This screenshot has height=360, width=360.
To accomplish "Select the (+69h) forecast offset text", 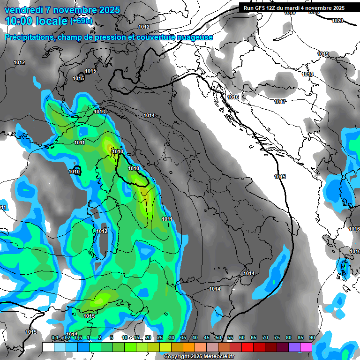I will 81,21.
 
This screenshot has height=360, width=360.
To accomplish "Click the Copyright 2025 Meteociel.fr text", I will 199,357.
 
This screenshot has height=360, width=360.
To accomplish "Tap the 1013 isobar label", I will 99,112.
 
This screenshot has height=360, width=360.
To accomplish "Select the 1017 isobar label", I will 280,102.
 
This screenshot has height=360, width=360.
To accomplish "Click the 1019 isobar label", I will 322,54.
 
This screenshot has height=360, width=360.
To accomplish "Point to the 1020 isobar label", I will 337,21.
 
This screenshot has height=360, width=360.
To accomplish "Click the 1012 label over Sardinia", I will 102,231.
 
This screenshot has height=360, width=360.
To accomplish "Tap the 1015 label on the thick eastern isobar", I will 280,177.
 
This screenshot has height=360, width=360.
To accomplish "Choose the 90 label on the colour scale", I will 312,337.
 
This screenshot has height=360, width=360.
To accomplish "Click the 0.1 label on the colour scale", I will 54,337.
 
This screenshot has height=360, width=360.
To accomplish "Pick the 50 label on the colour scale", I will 218,337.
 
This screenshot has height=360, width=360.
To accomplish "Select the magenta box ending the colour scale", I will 306,347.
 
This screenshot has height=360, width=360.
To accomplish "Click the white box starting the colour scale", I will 48,347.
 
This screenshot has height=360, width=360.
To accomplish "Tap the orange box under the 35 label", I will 189,347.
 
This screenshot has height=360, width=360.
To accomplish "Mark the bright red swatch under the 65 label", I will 247,347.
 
